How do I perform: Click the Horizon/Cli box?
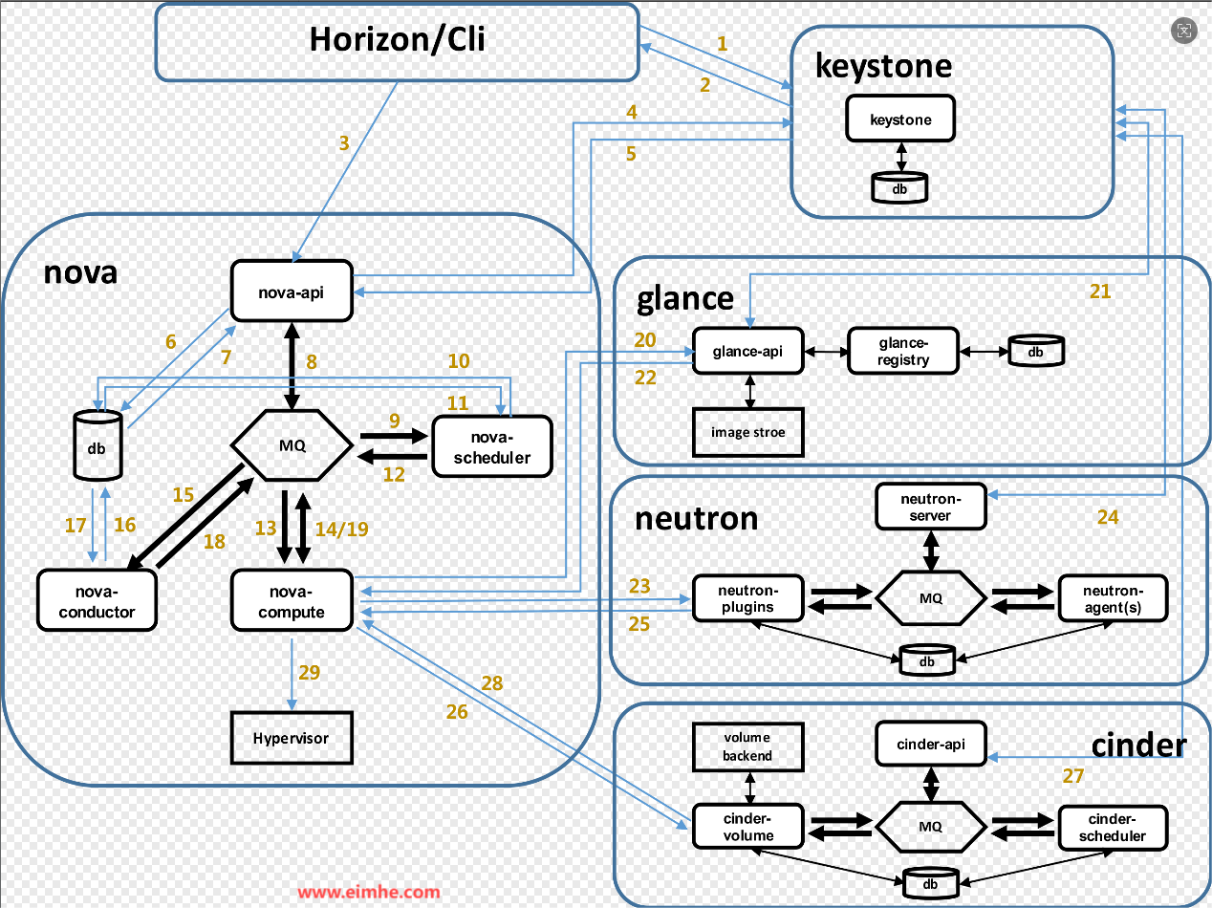tap(397, 41)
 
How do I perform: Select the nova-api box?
tap(292, 292)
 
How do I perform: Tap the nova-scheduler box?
tap(492, 445)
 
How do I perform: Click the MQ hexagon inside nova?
tap(292, 444)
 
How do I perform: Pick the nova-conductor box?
tap(97, 600)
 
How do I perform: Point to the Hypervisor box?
tap(292, 738)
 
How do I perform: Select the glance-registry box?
tap(903, 351)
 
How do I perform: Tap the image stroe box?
tap(747, 432)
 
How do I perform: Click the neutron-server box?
tap(931, 506)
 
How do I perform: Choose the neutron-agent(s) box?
tap(1112, 599)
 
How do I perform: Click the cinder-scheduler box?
tap(1112, 828)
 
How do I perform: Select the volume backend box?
tap(747, 746)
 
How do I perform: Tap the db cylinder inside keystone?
tap(900, 186)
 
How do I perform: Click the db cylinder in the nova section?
tap(97, 444)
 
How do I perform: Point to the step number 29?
tap(309, 673)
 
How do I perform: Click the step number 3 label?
tap(344, 143)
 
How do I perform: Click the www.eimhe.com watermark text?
tap(369, 892)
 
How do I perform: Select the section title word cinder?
tap(1138, 744)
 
